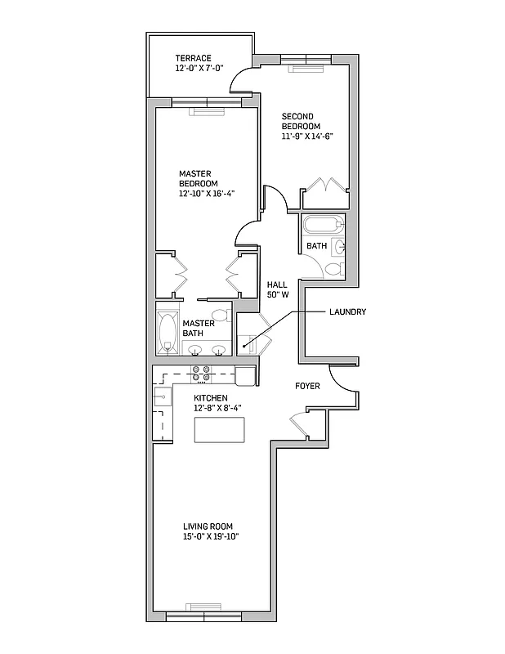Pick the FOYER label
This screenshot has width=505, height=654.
click(307, 386)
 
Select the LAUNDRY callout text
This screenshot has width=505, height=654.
click(347, 312)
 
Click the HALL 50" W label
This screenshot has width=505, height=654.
click(279, 289)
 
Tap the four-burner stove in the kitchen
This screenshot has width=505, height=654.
click(201, 374)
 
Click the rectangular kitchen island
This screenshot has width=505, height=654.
click(220, 429)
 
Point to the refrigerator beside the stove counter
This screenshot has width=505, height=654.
click(245, 375)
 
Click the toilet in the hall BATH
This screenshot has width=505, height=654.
click(333, 269)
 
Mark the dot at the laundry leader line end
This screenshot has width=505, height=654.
click(244, 347)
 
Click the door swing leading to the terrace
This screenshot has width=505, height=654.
click(242, 80)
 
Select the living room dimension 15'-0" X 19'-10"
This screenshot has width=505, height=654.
click(210, 537)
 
